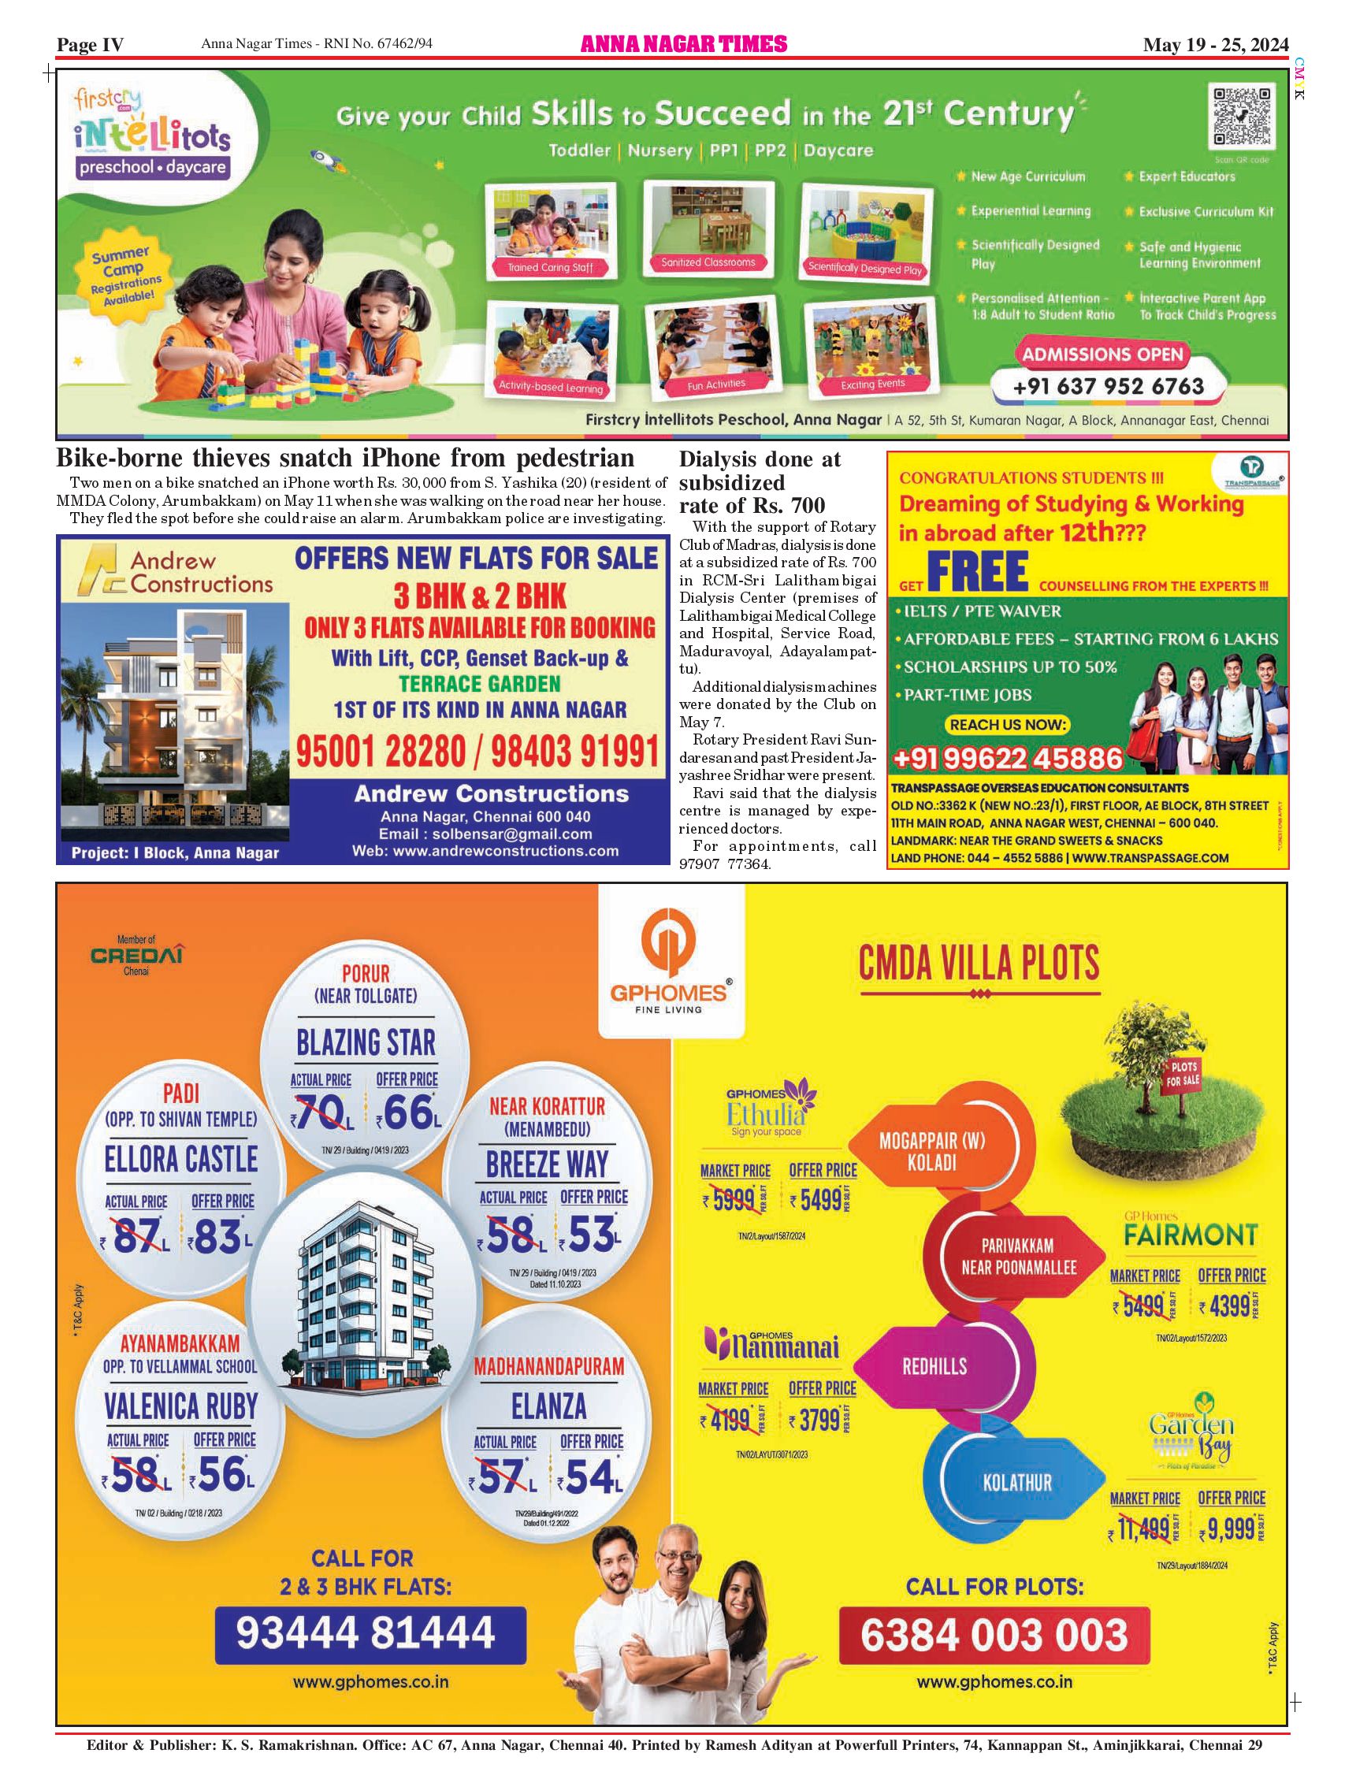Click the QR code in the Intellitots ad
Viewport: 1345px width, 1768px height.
click(1242, 117)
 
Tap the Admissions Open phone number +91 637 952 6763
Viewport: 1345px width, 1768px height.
click(1108, 387)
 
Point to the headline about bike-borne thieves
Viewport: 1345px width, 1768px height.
click(345, 459)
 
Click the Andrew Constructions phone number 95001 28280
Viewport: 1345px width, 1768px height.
click(381, 752)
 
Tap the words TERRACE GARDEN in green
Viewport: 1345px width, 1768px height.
click(480, 685)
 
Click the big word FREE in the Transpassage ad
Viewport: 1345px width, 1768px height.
click(978, 572)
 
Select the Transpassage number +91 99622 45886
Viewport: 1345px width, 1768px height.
click(1007, 758)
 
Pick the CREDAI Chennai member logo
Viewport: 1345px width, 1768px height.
click(137, 955)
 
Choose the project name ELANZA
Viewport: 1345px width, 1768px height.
click(548, 1406)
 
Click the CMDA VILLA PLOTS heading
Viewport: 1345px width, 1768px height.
click(979, 963)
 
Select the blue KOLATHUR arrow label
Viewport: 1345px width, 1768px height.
click(1016, 1482)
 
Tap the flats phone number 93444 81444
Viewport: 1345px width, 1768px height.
click(366, 1632)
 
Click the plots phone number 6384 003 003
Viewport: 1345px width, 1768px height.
click(994, 1634)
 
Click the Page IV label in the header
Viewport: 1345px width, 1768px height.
click(91, 45)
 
